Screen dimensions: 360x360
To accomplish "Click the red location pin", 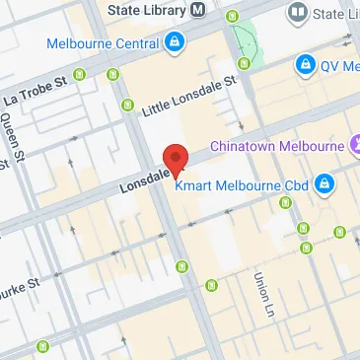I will (175, 158).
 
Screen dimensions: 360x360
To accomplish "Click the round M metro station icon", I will (198, 10).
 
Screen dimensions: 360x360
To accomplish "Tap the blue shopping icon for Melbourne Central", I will (174, 41).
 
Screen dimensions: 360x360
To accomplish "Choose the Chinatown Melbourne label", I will (277, 146).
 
